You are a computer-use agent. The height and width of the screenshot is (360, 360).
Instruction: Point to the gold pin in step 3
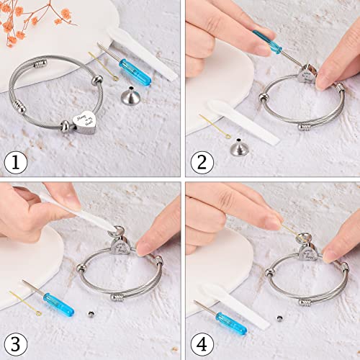coord(26,296)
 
